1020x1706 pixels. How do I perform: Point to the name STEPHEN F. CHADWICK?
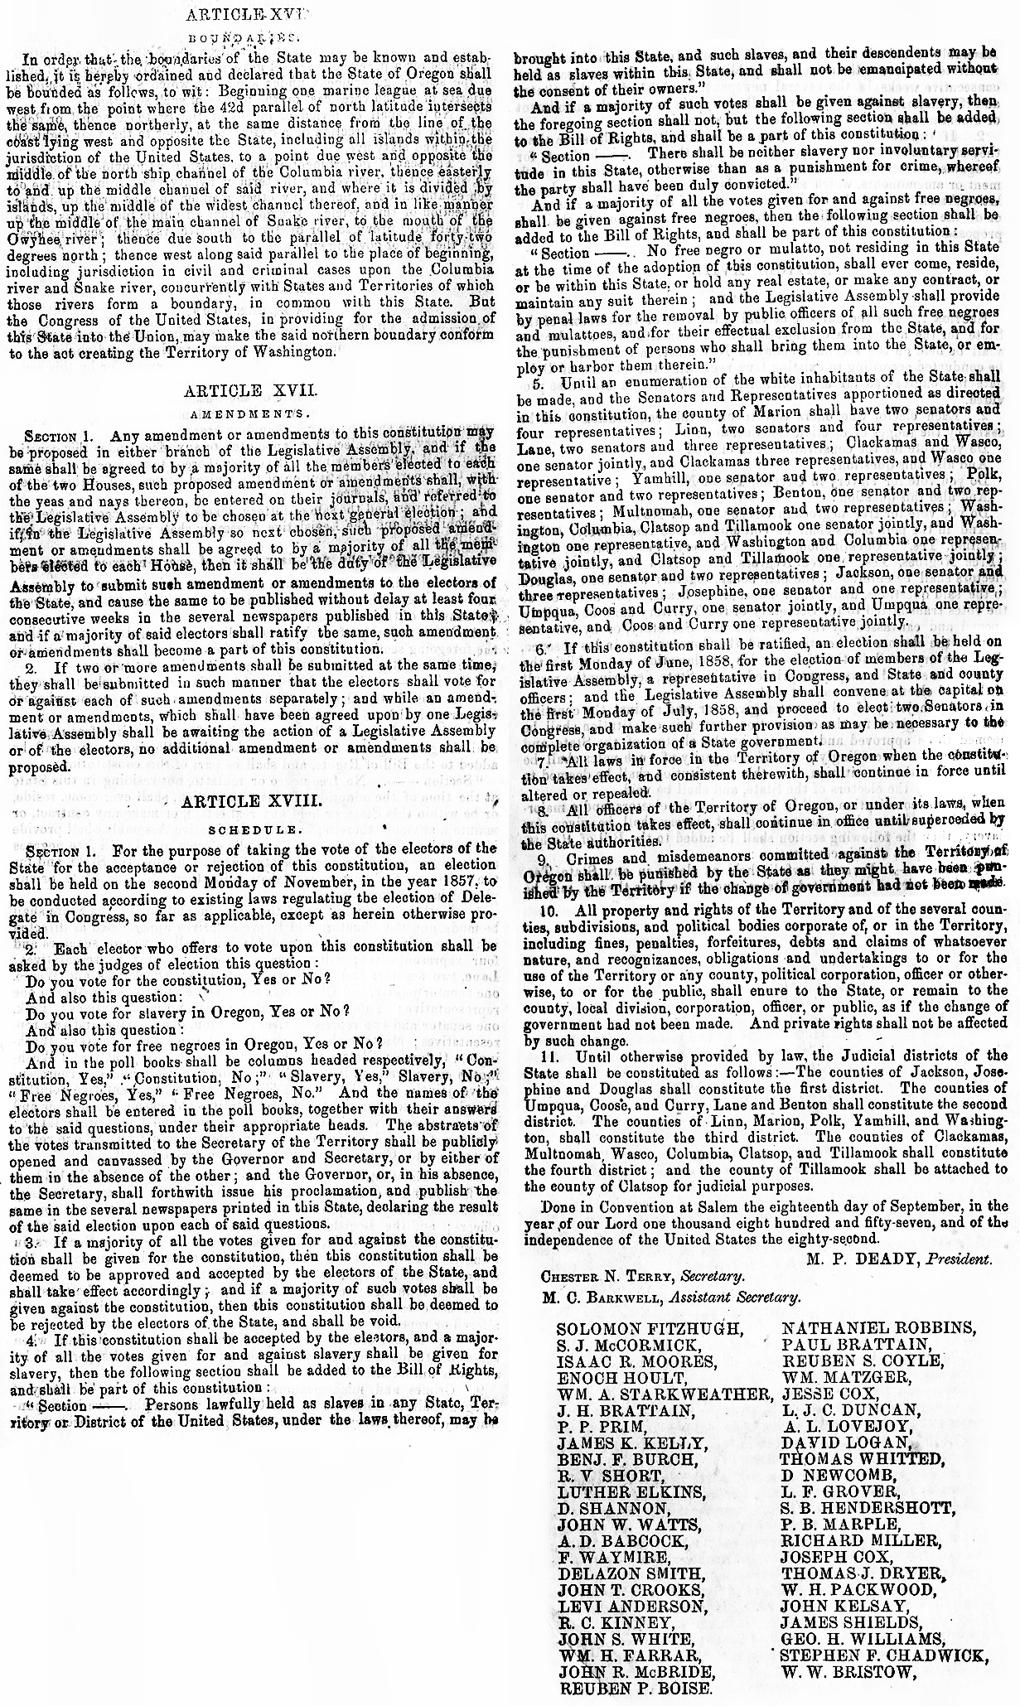click(x=882, y=1655)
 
